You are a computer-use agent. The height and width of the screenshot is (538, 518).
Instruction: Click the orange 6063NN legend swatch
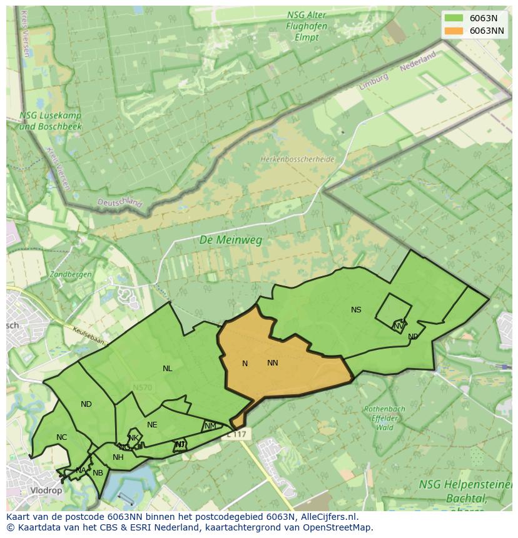coord(454,31)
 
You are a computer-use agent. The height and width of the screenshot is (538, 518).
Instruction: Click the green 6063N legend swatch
coord(454,18)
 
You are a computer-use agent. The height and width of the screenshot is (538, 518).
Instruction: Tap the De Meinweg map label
coord(230,240)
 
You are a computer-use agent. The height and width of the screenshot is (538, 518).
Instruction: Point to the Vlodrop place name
coord(46,491)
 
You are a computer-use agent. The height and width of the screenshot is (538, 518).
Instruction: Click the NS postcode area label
coord(356,310)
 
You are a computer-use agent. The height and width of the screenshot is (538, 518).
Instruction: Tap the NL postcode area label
coord(167,369)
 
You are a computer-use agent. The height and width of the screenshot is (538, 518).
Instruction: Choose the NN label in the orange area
coord(273,363)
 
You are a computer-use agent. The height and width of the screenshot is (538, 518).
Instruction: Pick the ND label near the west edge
coord(86,404)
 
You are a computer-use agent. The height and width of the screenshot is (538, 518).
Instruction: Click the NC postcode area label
coord(61,437)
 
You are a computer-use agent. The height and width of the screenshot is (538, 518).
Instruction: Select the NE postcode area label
coord(152,425)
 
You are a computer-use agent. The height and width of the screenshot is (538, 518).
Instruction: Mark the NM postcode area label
coord(210,426)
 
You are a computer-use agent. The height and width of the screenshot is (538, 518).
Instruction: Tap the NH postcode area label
coord(118,457)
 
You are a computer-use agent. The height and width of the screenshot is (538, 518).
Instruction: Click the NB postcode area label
coord(98,473)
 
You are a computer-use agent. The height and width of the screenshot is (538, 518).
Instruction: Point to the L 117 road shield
coord(236,434)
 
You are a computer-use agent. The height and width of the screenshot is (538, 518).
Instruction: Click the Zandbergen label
coord(71,274)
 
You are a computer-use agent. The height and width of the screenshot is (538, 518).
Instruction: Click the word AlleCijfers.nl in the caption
coord(328,517)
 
